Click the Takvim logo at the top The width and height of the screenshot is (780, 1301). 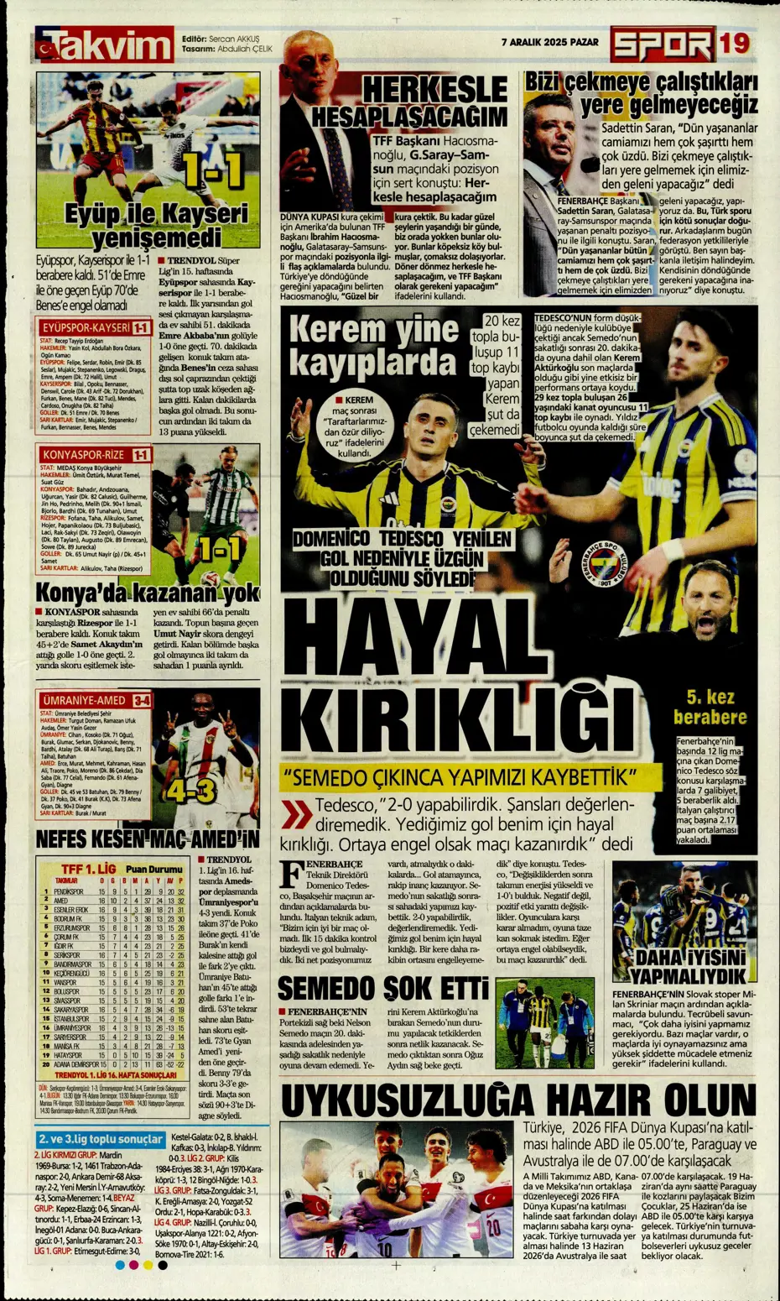click(x=104, y=45)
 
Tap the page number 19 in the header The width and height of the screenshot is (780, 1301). click(x=733, y=43)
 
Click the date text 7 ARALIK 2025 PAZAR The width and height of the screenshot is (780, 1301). click(x=549, y=41)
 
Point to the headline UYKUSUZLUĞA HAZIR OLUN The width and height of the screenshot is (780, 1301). click(x=518, y=1100)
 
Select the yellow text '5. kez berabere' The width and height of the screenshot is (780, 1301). click(x=710, y=707)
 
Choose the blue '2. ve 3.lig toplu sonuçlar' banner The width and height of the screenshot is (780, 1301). click(x=101, y=1139)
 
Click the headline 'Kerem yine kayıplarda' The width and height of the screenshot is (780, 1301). click(x=373, y=347)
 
